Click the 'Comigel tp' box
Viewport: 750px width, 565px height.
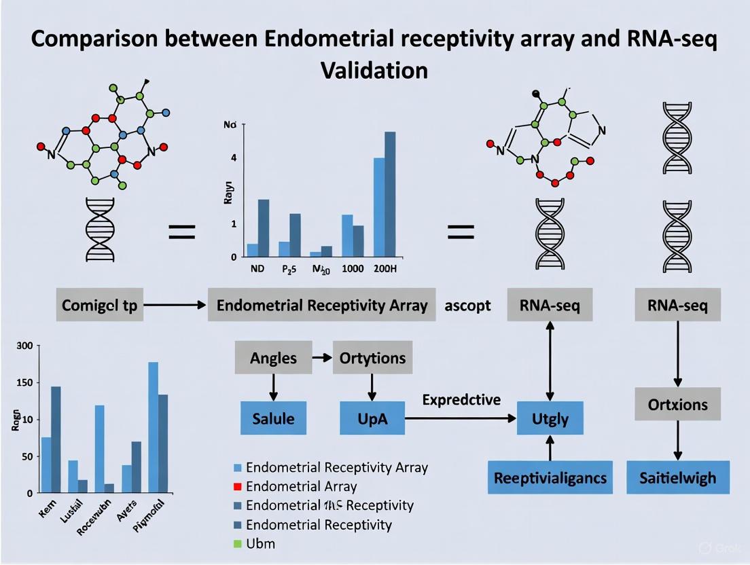click(99, 306)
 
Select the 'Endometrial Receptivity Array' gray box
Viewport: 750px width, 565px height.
click(322, 306)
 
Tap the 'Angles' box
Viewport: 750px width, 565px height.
click(273, 358)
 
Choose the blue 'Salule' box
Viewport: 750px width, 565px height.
click(274, 418)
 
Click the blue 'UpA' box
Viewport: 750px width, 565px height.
click(372, 418)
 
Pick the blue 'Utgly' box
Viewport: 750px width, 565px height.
click(550, 418)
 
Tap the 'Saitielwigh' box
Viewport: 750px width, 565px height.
click(677, 477)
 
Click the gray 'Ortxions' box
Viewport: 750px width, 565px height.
click(677, 405)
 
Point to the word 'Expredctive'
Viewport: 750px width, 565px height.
click(461, 399)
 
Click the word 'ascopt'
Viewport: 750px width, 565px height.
click(467, 306)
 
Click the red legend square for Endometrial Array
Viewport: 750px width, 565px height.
click(237, 486)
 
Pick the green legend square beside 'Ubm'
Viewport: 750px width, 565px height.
click(237, 543)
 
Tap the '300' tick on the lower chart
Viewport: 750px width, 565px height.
click(24, 346)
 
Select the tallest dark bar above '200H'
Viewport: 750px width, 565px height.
click(390, 194)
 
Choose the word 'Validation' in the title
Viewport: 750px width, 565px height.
click(374, 70)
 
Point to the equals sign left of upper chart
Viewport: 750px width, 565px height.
click(182, 235)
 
